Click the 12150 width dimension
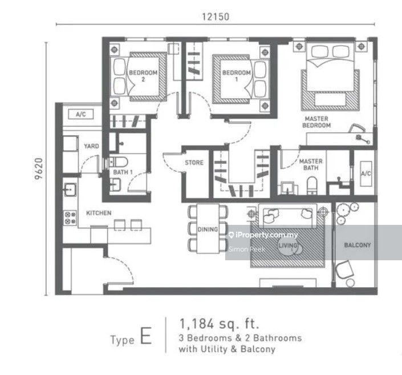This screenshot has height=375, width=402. pyautogui.click(x=216, y=17)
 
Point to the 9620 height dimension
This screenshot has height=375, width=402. pyautogui.click(x=39, y=168)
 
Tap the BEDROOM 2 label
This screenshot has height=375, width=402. pyautogui.click(x=143, y=76)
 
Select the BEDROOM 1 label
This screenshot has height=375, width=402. pyautogui.click(x=237, y=76)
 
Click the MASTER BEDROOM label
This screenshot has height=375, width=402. pyautogui.click(x=316, y=122)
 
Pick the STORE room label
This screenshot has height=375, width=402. pyautogui.click(x=194, y=163)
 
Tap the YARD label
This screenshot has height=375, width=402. pyautogui.click(x=91, y=146)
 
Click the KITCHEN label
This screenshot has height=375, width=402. pyautogui.click(x=99, y=213)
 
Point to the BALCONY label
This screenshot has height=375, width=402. pyautogui.click(x=358, y=245)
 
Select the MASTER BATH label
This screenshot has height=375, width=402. pyautogui.click(x=311, y=164)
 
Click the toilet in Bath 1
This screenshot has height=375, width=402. pyautogui.click(x=119, y=162)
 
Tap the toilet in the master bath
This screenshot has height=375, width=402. pyautogui.click(x=312, y=185)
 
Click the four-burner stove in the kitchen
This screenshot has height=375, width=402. pyautogui.click(x=70, y=218)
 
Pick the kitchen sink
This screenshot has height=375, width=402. pyautogui.click(x=70, y=189)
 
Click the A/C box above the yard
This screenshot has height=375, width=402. pyautogui.click(x=81, y=114)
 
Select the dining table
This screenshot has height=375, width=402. pyautogui.click(x=208, y=228)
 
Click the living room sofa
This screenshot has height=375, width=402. pyautogui.click(x=287, y=216)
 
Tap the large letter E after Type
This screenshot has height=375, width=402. pyautogui.click(x=146, y=336)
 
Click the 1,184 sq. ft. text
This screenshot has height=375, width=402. pyautogui.click(x=219, y=324)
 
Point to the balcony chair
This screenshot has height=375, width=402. pyautogui.click(x=344, y=269)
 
